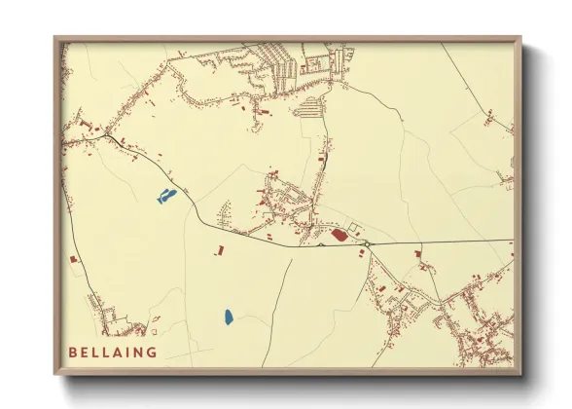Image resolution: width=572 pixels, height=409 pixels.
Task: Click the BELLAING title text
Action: click(113, 352)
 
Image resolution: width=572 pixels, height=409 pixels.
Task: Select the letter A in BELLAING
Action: click(120, 352)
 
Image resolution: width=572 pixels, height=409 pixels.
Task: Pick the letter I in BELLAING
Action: click(129, 352)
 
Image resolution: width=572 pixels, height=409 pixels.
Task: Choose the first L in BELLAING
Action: click(96, 352)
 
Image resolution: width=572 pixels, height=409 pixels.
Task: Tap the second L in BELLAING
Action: click(107, 352)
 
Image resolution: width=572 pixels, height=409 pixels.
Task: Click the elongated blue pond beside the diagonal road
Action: click(165, 197)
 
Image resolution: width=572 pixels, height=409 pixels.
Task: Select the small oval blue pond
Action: click(228, 316)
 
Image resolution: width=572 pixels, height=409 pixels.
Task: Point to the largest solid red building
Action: click(339, 234)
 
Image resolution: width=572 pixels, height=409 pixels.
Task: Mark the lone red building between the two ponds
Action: click(218, 251)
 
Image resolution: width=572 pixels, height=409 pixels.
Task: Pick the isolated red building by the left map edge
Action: click(72, 259)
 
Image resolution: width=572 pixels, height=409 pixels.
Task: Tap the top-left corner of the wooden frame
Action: click(55, 38)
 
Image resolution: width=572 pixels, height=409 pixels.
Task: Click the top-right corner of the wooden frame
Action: click(520, 38)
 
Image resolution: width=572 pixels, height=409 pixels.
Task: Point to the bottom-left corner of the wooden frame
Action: click(55, 374)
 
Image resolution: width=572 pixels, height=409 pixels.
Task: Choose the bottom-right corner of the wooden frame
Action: click(520, 374)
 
